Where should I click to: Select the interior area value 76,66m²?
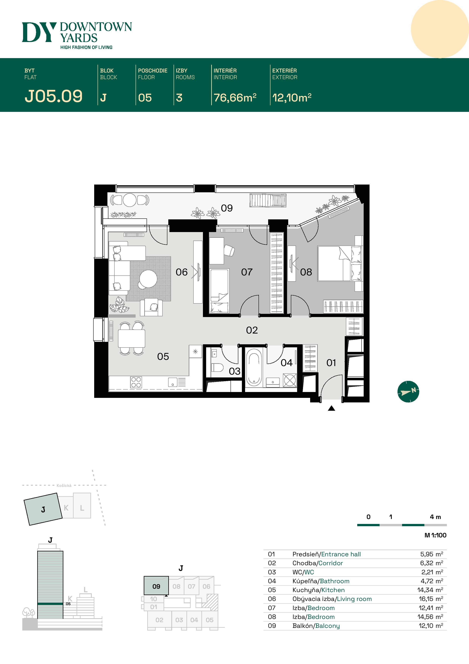pos(235,98)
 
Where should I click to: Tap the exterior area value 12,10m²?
pos(292,98)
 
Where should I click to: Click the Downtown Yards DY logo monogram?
pos(38,32)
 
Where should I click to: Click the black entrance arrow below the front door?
pos(332,408)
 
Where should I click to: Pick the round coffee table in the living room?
pos(148,278)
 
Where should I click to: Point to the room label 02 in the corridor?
pos(252,330)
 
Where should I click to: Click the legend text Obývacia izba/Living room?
pos(332,599)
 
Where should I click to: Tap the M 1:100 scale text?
pos(435,535)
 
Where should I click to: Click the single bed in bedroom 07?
pos(220,291)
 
